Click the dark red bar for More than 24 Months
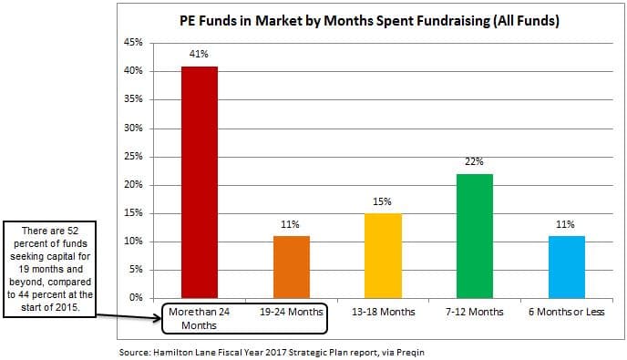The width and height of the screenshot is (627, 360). point(200,182)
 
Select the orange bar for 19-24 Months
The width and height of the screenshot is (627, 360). point(292,267)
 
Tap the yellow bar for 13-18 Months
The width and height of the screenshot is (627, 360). point(383,256)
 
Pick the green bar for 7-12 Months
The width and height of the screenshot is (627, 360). point(475,236)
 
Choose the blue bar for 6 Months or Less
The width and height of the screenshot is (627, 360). point(567,267)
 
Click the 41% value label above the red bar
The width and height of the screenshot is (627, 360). point(199,54)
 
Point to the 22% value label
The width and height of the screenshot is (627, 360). point(474,161)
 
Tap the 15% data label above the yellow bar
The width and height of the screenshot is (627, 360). point(382,201)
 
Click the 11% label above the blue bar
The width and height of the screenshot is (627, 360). point(565,224)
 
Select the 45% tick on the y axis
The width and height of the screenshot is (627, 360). point(133,42)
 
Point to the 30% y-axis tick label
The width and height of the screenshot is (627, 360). point(133,128)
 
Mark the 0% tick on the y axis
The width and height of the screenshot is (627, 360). point(136,298)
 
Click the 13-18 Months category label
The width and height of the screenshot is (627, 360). point(384,312)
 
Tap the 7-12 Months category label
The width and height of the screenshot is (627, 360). point(475,312)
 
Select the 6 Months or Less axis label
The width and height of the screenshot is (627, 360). point(566,312)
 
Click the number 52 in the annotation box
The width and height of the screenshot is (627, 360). point(73,231)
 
